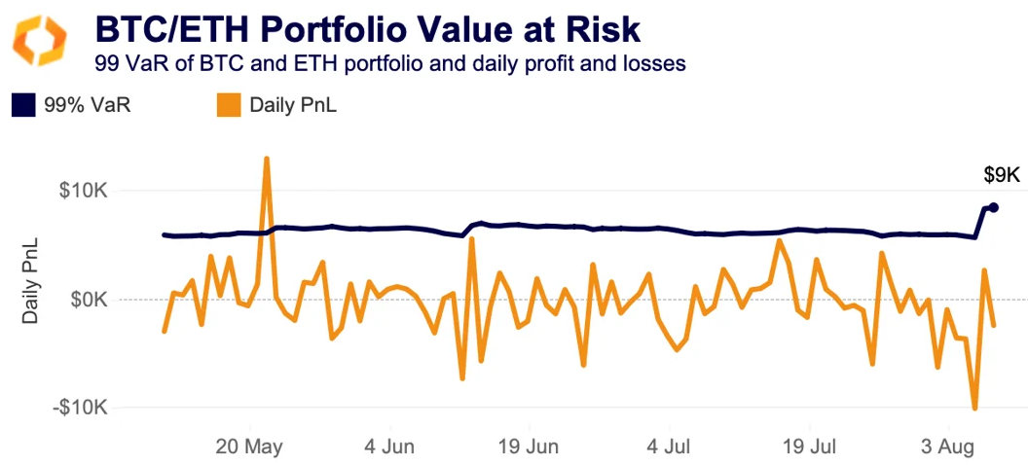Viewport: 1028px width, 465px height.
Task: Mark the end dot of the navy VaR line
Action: pos(994,207)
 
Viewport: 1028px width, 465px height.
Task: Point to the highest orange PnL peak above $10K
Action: pos(266,159)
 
